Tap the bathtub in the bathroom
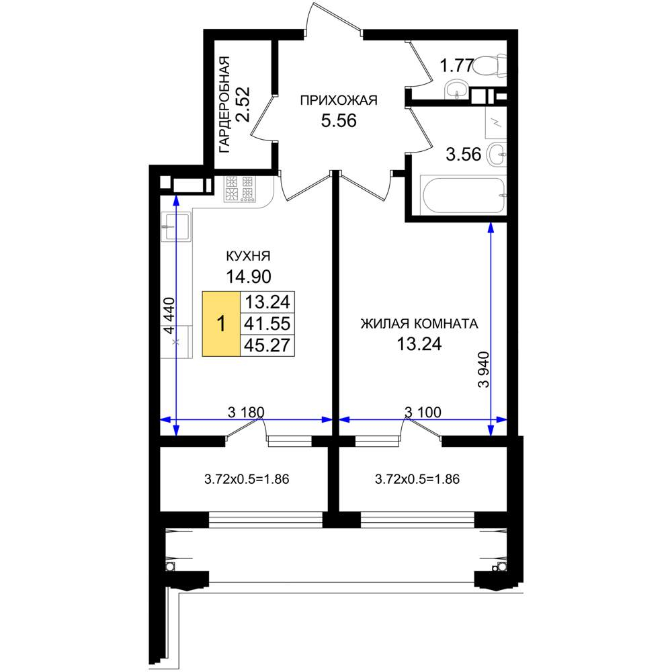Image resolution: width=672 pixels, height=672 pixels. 463,195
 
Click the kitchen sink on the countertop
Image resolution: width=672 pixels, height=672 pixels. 175,226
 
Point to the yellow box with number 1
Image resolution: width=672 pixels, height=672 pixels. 221,324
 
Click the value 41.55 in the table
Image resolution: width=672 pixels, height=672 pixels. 267,324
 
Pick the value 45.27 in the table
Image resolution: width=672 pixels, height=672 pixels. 267,345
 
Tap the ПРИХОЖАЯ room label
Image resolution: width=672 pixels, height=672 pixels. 339,100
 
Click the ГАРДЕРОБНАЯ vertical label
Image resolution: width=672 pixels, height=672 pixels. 224,105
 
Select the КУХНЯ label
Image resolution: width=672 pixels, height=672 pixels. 248,256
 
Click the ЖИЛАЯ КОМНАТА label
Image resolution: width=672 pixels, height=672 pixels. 419,324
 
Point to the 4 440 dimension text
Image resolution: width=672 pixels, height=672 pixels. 169,316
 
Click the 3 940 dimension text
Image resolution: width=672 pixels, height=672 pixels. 483,370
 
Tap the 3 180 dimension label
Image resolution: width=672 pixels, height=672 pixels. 246,413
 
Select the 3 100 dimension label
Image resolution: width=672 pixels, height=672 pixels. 423,413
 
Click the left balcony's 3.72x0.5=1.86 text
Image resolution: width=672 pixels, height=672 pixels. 247,478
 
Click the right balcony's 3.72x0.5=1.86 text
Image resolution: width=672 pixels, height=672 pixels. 417,478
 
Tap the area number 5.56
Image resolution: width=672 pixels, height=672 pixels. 339,121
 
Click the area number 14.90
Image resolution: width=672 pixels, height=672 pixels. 249,276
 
